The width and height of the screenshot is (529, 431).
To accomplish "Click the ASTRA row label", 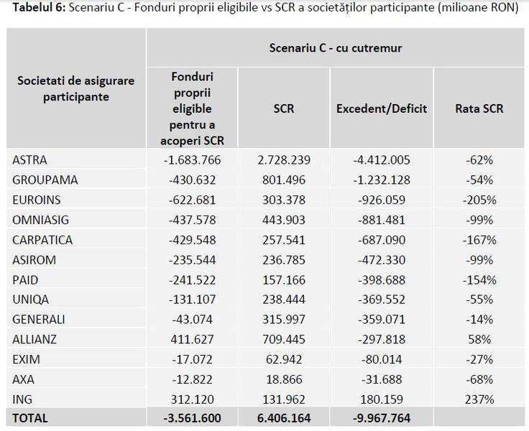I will [x=29, y=160].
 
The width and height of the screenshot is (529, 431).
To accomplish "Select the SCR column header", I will [x=284, y=109].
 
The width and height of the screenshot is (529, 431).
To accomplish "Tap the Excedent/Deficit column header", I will [x=382, y=109].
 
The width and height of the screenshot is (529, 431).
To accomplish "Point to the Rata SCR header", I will [x=479, y=109].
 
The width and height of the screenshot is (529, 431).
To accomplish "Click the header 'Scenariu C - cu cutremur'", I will [x=335, y=48].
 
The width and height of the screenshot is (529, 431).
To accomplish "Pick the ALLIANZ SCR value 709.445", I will [x=284, y=338].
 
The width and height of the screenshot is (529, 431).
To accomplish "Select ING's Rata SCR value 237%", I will [x=479, y=398].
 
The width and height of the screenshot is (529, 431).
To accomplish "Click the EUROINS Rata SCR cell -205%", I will [x=479, y=200].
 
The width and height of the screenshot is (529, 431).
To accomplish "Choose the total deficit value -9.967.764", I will [x=382, y=418].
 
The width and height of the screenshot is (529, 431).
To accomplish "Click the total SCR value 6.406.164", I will [x=284, y=418].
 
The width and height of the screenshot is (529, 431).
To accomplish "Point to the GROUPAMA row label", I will [x=45, y=180].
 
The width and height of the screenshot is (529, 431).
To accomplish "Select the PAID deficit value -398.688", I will [x=382, y=279].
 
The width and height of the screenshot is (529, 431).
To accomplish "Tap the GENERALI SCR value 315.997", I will [x=284, y=319].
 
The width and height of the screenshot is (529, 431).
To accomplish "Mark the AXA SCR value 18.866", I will [x=284, y=378].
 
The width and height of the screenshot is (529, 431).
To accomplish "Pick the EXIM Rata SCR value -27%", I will [x=479, y=358].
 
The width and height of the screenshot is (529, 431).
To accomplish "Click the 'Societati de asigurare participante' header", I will [x=75, y=88].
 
